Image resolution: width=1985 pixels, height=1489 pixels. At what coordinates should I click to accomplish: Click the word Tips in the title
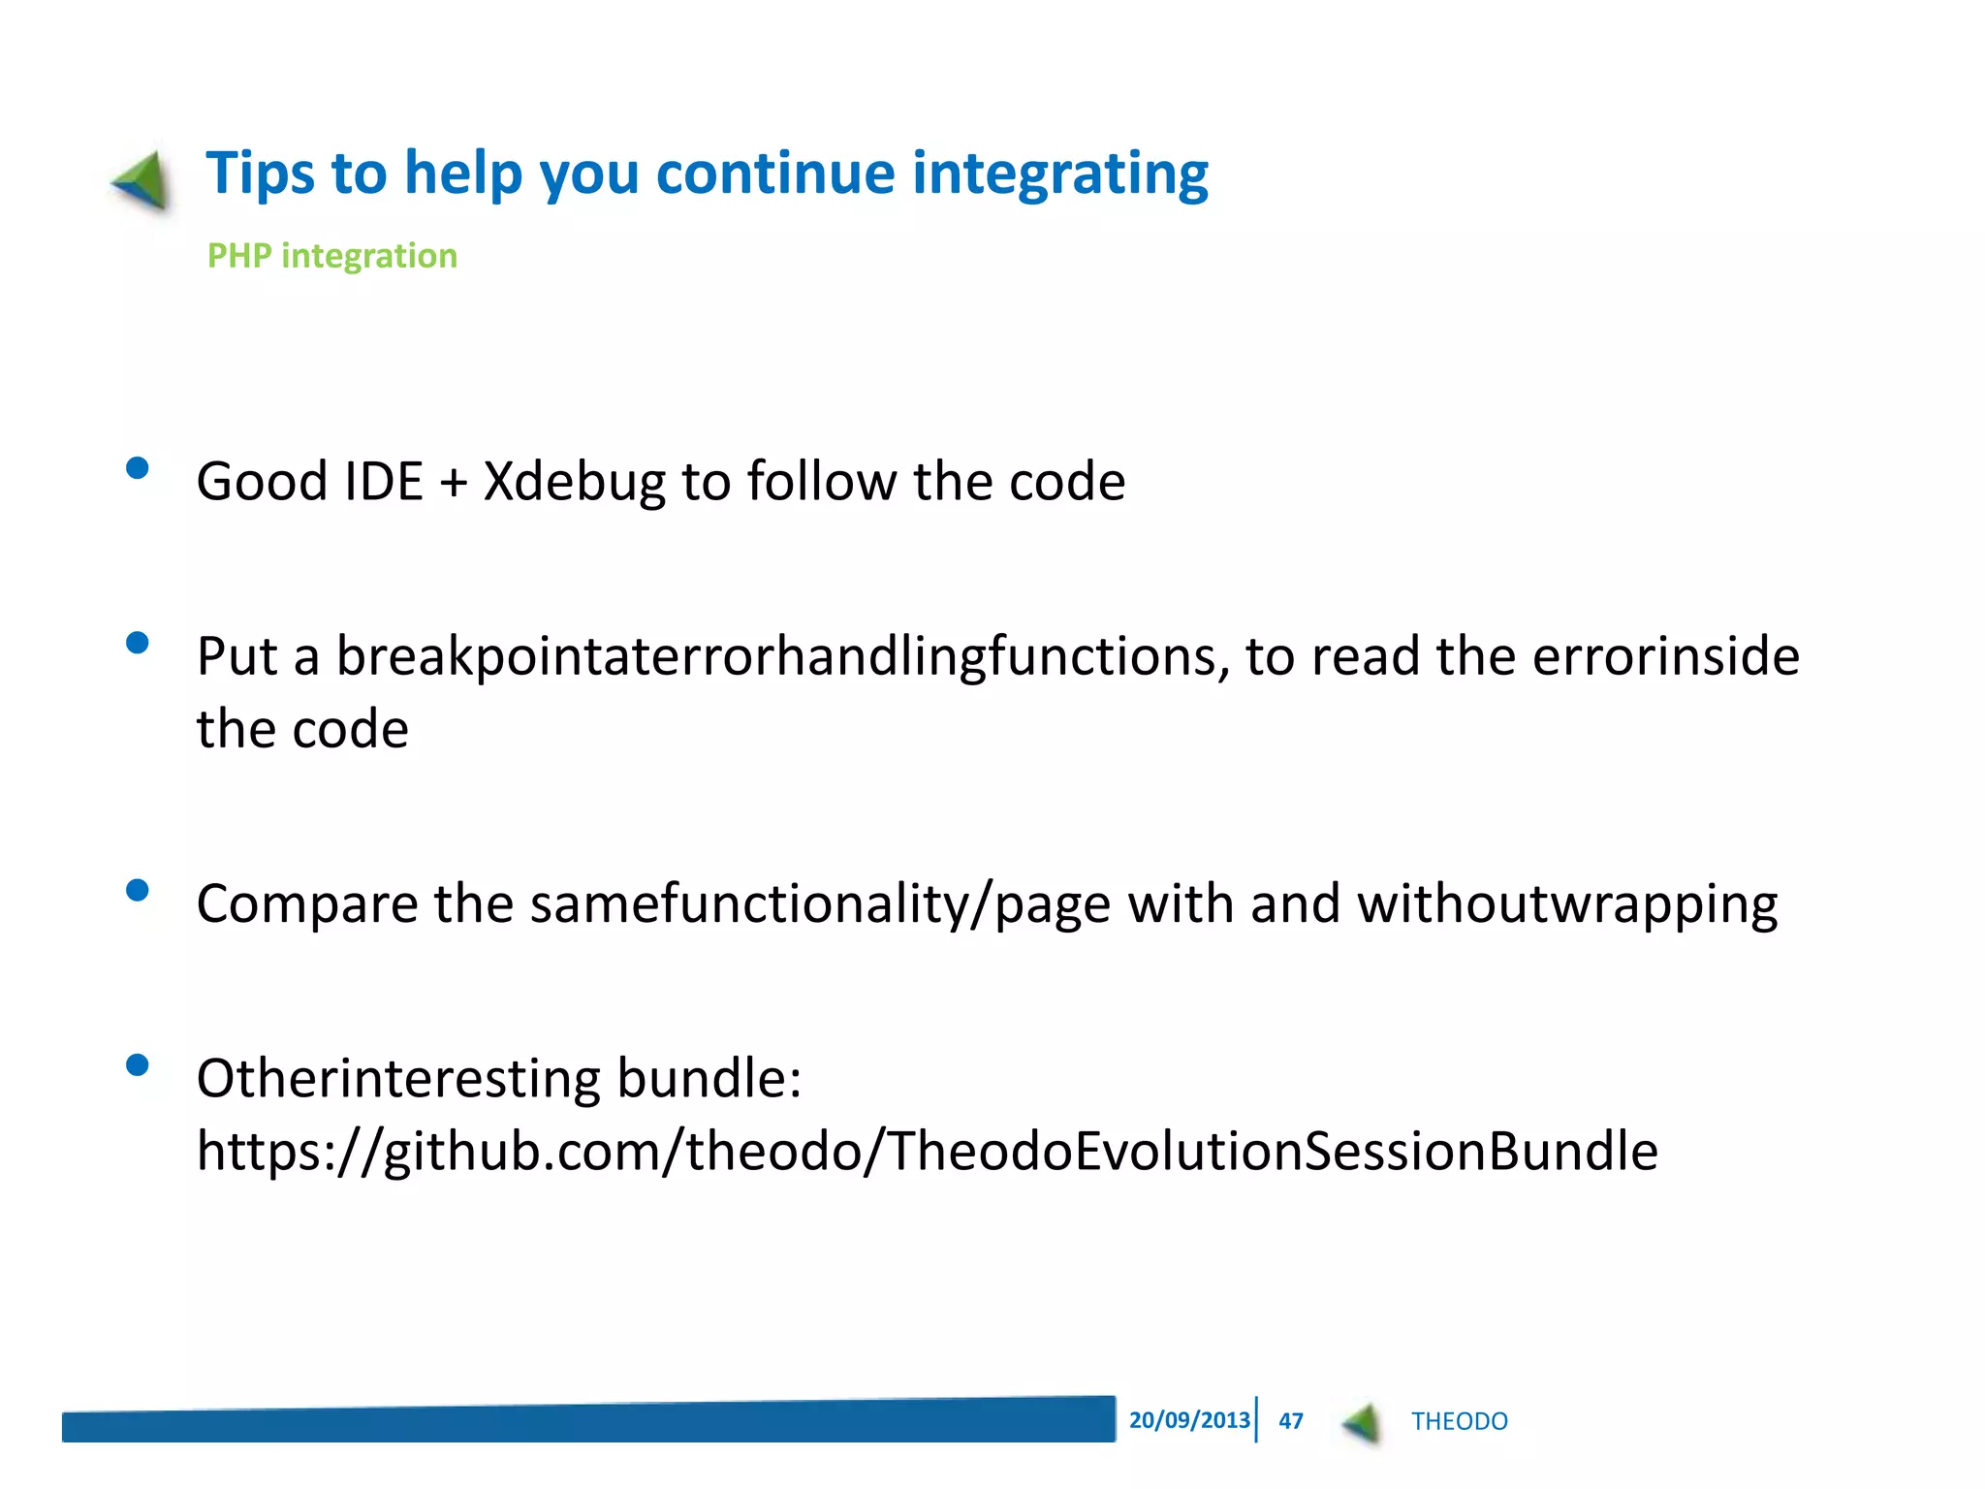click(260, 174)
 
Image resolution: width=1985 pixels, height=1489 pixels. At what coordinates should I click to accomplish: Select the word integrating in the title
click(1060, 174)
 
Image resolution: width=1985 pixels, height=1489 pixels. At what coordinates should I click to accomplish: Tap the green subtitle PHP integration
click(332, 256)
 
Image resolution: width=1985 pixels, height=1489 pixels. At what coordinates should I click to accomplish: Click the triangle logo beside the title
click(143, 181)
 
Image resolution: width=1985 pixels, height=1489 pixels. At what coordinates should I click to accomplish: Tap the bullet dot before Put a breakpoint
click(138, 644)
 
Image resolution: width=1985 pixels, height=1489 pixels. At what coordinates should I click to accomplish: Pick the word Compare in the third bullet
click(306, 904)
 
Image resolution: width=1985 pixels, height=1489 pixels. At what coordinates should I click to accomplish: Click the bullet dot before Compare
click(138, 890)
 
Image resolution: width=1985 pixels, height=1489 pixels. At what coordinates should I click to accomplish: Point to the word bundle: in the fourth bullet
click(709, 1078)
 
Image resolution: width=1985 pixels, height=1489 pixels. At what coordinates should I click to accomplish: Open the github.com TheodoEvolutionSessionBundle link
click(927, 1152)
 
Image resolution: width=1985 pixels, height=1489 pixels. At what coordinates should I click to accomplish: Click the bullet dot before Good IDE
click(138, 469)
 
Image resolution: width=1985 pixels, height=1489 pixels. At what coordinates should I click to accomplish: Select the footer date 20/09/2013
click(1189, 1420)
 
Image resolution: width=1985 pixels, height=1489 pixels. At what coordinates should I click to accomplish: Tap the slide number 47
click(1290, 1421)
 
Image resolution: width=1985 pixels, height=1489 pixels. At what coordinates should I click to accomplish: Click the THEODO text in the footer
click(1459, 1421)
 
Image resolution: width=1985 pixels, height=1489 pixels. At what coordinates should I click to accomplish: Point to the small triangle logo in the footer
click(1363, 1423)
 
